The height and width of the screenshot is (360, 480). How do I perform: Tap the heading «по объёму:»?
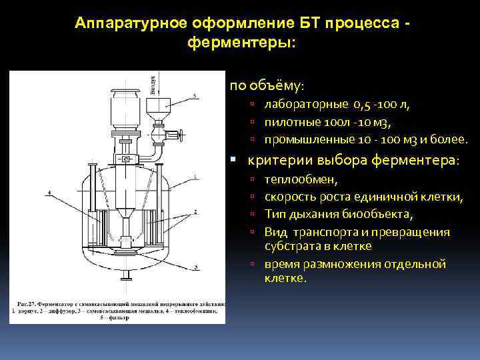click(x=267, y=87)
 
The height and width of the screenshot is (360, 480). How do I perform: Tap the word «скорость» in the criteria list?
click(x=292, y=197)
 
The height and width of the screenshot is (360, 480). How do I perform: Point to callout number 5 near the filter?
click(x=195, y=97)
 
